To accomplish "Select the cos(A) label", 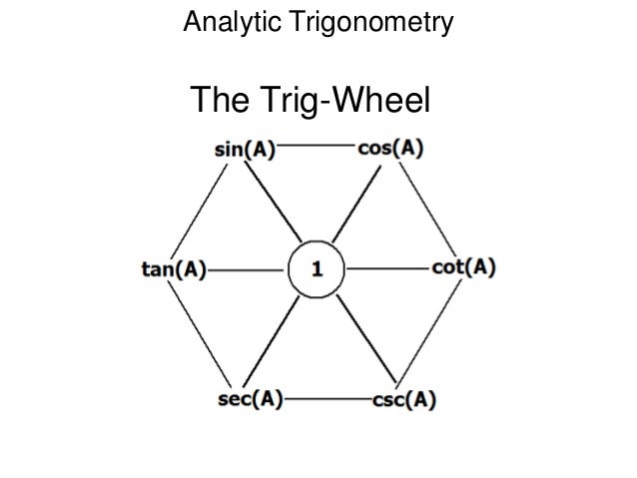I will coord(390,151).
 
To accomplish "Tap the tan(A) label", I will coord(169,269).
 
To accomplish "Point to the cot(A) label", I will coord(463,269).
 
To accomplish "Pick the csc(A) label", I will coord(401,399).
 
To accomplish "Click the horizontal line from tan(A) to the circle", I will coord(246,269).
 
